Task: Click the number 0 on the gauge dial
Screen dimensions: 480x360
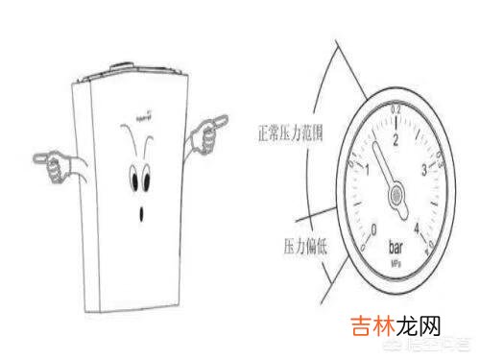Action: coord(374,230)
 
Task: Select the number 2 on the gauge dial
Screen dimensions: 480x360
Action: coord(396,140)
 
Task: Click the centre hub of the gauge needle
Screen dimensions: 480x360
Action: coord(396,196)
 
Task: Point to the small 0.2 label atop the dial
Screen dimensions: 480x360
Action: coord(396,113)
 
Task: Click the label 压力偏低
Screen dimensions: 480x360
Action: coord(302,240)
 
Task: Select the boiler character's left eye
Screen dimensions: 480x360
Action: coord(133,179)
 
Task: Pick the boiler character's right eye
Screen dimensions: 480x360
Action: coord(150,176)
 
